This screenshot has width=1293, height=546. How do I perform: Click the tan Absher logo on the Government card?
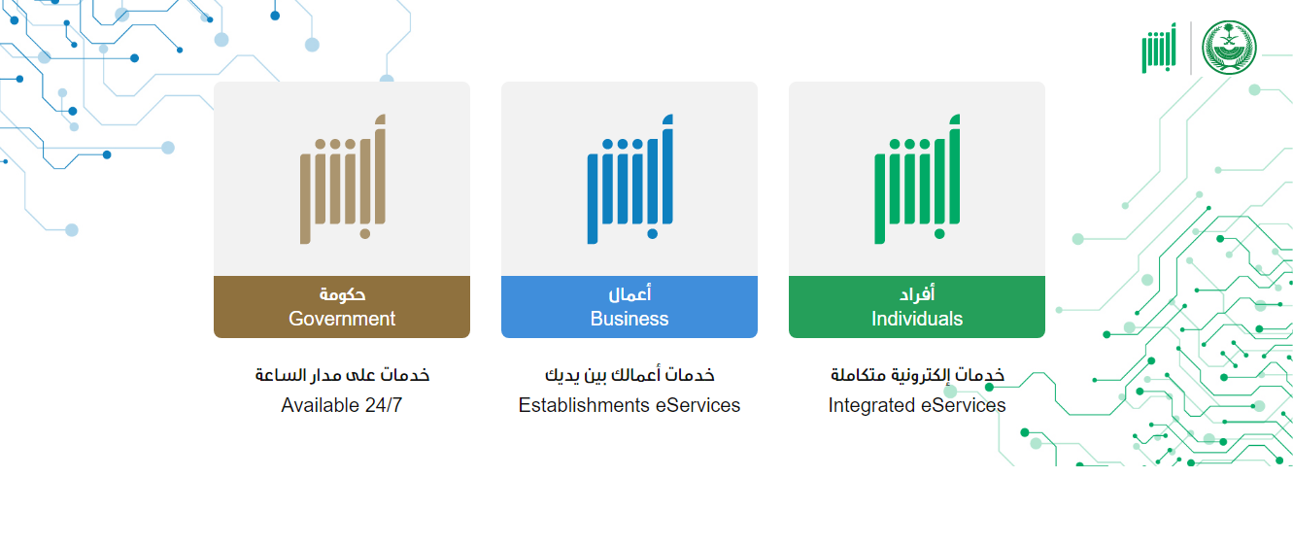pos(343,179)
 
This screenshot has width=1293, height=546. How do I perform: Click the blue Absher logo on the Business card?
pos(630,179)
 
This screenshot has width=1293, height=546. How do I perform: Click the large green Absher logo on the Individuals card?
pos(917,179)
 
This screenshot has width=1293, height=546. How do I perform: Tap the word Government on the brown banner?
pos(342,319)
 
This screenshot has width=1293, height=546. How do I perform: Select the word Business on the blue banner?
pos(629,319)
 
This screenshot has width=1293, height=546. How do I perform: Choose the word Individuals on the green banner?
pos(917,319)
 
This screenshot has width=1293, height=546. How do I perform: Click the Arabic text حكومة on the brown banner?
pos(342,294)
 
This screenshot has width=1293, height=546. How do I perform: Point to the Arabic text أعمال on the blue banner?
pos(629,293)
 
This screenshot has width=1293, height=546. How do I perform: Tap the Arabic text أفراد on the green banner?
pos(917,293)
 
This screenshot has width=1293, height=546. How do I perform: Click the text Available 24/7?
pos(342,405)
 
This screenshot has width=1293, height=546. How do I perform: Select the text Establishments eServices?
pos(629,405)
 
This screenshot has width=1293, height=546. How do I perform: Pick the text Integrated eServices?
pos(917,405)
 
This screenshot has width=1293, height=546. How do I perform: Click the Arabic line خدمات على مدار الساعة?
pos(342,375)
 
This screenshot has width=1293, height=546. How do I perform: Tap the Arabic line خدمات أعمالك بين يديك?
pos(629,375)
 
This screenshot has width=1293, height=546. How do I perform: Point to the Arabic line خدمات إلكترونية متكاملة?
pos(917,375)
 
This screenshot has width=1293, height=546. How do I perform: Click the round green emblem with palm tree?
pos(1229,48)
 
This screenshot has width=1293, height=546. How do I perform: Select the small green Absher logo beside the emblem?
pos(1159,49)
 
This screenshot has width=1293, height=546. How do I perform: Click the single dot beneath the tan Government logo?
pos(365,234)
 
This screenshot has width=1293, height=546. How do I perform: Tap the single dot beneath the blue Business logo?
pos(652,234)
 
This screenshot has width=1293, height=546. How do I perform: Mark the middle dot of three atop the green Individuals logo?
pos(909,144)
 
